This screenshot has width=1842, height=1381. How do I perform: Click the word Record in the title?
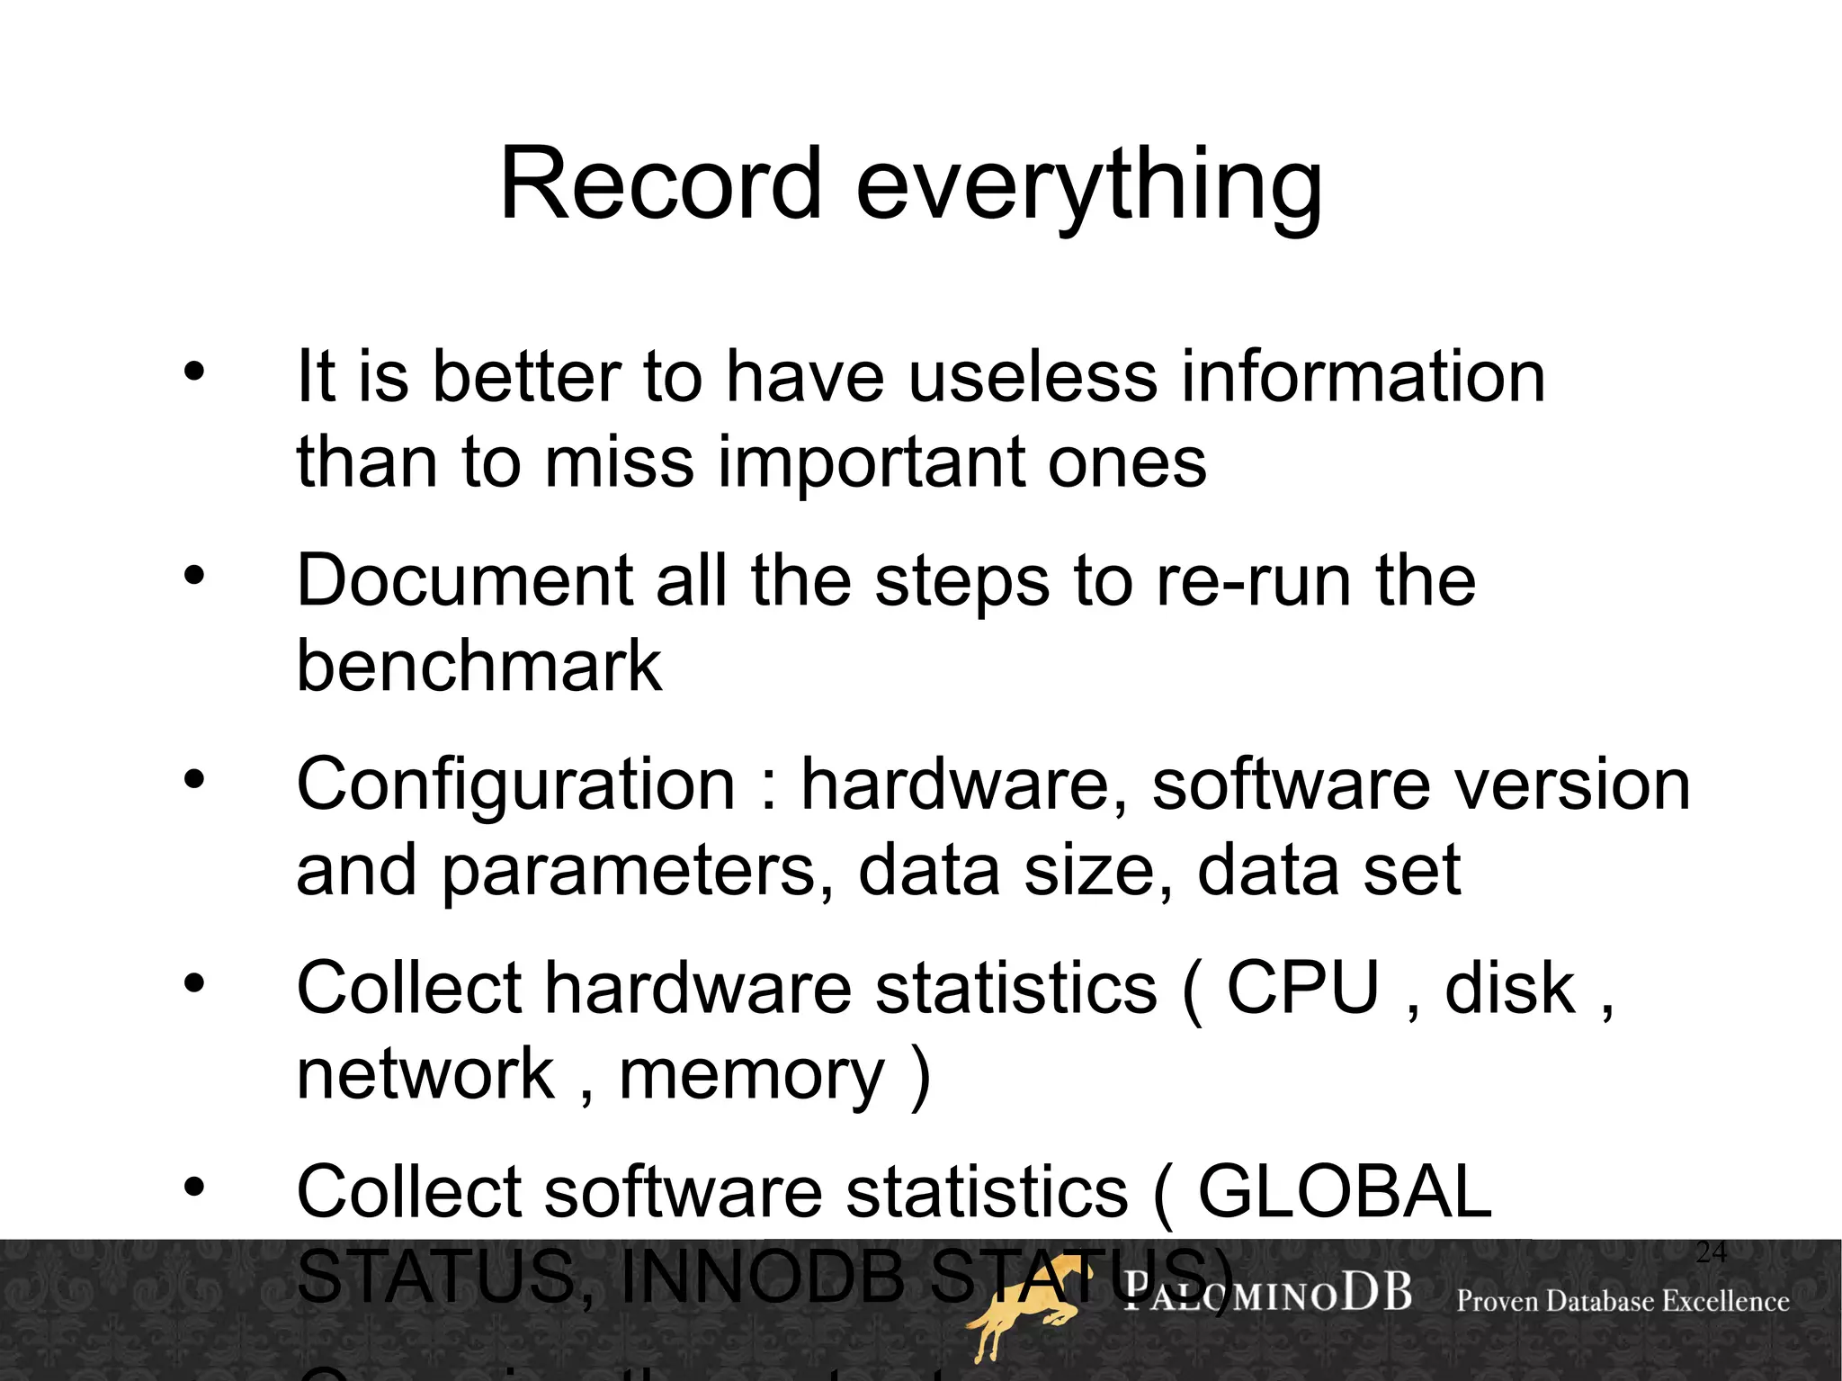coord(661,184)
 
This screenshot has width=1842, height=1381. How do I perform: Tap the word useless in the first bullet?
coord(1033,377)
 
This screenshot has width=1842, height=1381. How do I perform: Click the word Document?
coord(464,580)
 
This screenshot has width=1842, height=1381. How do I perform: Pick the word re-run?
coord(1254,580)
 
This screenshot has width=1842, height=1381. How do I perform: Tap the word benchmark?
coord(479,666)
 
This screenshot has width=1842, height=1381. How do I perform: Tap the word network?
coord(425,1074)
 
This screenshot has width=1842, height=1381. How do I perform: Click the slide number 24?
coord(1711,1252)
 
